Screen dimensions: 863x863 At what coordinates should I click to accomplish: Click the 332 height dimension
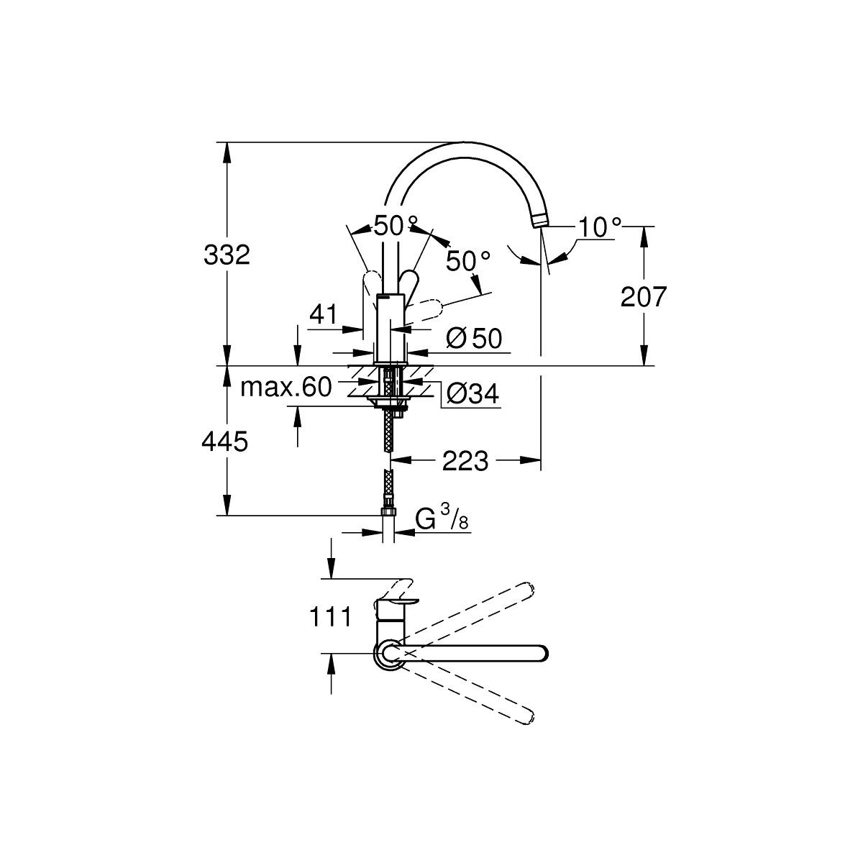click(227, 255)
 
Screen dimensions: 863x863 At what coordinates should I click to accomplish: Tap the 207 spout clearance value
click(644, 296)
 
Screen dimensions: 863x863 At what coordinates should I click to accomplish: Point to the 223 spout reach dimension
click(465, 461)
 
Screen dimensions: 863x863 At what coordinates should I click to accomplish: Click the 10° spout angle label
click(600, 227)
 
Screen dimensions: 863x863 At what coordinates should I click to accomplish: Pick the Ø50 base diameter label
click(473, 338)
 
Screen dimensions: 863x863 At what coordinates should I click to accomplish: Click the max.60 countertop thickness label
click(286, 388)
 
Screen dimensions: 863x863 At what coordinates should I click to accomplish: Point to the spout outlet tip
click(541, 222)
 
